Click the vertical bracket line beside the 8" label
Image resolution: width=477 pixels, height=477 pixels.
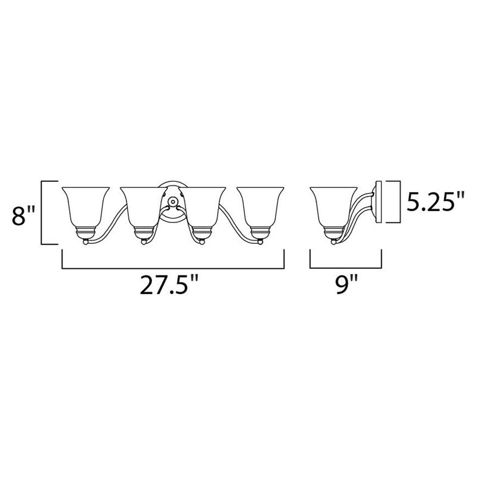pyautogui.click(x=42, y=213)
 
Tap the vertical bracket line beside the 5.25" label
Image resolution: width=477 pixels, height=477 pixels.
pyautogui.click(x=397, y=201)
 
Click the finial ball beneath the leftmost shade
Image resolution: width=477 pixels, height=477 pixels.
pyautogui.click(x=86, y=241)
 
